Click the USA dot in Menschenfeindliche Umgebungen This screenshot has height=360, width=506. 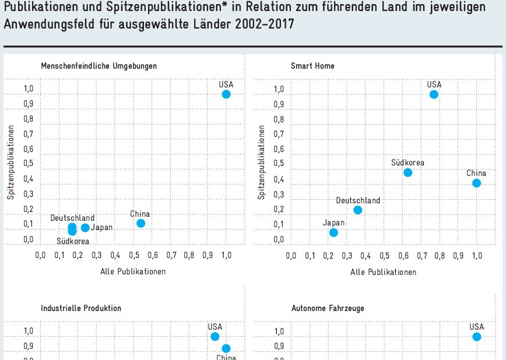click(x=226, y=94)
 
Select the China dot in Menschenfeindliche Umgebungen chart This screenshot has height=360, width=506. click(x=140, y=223)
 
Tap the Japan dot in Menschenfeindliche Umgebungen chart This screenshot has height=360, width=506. click(x=85, y=228)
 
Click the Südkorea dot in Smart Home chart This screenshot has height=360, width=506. click(x=408, y=172)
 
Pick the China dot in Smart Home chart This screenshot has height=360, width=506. click(x=476, y=183)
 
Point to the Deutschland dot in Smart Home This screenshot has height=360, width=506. click(x=358, y=210)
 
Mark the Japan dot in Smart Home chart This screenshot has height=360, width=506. click(x=333, y=232)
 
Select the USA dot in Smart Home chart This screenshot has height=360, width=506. click(x=434, y=94)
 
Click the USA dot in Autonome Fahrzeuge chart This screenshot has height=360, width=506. click(x=477, y=337)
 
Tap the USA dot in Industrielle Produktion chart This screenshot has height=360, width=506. click(x=215, y=337)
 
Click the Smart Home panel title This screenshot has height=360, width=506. click(x=312, y=66)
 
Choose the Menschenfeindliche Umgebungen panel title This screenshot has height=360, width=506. click(x=99, y=66)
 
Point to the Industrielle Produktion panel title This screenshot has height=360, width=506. click(x=81, y=308)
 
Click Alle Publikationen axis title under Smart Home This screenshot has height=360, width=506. click(x=383, y=272)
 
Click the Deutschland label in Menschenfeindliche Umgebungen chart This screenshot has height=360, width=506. click(x=72, y=218)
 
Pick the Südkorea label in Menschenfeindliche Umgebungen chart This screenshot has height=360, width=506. click(x=73, y=241)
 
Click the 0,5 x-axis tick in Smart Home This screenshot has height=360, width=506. click(x=385, y=256)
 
